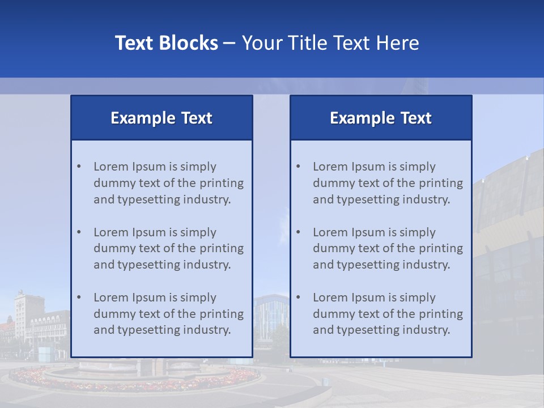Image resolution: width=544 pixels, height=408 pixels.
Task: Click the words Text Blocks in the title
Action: [x=166, y=43]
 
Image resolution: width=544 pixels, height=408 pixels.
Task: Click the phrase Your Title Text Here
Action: [x=330, y=43]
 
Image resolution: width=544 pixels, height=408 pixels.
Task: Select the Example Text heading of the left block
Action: [x=161, y=118]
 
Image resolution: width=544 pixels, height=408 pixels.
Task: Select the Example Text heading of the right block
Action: [x=381, y=118]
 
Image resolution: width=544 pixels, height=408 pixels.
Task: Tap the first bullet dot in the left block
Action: [x=79, y=167]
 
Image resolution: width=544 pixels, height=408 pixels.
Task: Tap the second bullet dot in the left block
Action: [x=79, y=232]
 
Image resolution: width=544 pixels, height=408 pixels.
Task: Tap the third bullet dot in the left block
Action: [x=79, y=297]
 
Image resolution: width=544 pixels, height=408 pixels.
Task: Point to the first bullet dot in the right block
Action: [x=298, y=167]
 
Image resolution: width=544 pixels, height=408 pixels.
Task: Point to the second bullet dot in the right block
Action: [x=298, y=232]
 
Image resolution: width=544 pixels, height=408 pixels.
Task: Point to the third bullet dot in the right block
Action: [x=298, y=297]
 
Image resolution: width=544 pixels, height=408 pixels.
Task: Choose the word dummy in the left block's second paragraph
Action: [x=111, y=248]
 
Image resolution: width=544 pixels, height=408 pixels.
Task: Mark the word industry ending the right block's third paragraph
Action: [x=428, y=330]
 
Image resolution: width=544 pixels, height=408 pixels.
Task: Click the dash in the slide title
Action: [x=229, y=44]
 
